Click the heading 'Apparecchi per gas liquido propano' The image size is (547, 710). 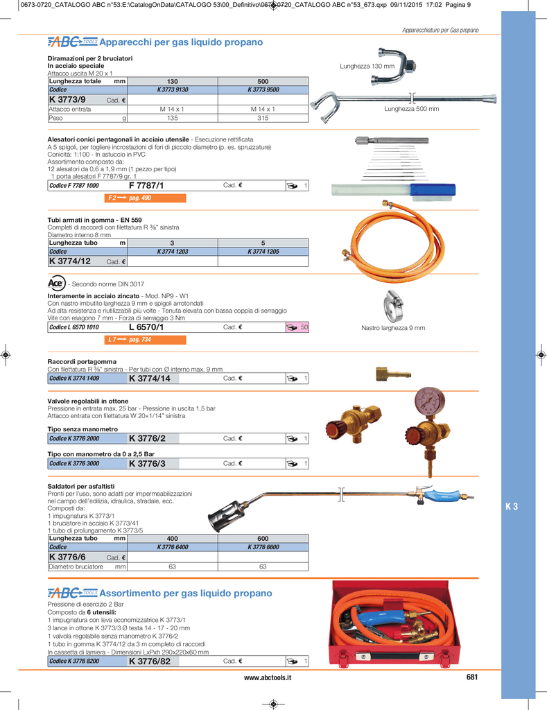[181, 43]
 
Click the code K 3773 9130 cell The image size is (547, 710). [173, 90]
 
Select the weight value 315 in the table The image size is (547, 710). [263, 118]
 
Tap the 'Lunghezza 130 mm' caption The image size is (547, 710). [367, 66]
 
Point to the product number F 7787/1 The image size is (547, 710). [146, 186]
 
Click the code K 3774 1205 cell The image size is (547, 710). [263, 252]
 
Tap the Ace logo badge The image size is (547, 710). [56, 283]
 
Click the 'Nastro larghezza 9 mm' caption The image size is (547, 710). [393, 328]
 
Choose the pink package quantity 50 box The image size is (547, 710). [297, 327]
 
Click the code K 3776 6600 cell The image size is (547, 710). [263, 547]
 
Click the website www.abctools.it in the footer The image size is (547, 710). [268, 677]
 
